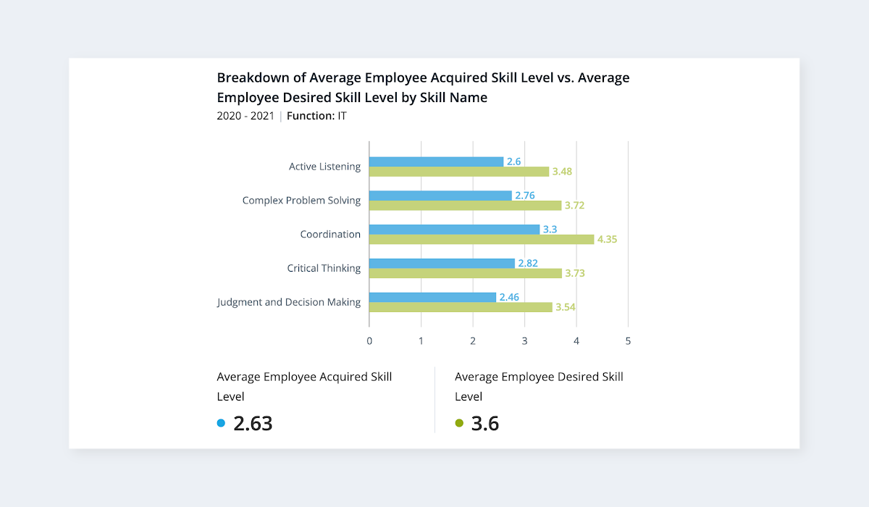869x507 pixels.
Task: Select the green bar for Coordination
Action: tap(482, 240)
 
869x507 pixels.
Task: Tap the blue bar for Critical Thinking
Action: tap(442, 263)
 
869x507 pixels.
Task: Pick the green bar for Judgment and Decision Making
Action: tap(461, 307)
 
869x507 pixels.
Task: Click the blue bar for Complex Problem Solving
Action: tap(440, 196)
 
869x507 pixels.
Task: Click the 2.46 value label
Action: tap(509, 297)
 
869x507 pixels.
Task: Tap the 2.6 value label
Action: tap(514, 162)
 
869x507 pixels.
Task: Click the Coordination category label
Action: tap(330, 235)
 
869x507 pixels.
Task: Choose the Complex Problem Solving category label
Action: tap(301, 201)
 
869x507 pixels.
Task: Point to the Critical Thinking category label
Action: tap(324, 269)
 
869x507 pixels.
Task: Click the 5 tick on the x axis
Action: tap(628, 340)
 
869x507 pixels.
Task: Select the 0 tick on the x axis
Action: tap(369, 340)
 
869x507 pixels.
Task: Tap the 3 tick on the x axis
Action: tap(524, 340)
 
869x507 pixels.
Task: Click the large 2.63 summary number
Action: tap(253, 424)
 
